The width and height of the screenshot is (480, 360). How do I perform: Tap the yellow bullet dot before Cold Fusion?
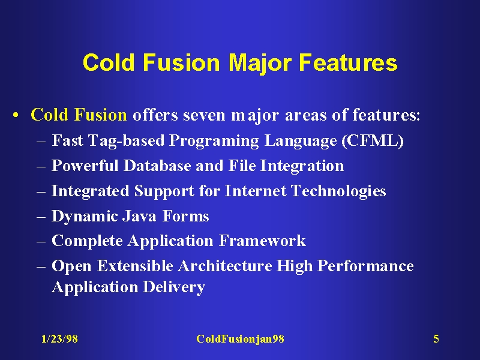16,116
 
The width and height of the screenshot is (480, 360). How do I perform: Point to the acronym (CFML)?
373,140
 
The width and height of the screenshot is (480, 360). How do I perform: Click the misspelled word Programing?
214,141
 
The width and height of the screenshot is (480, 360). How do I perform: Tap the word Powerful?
85,166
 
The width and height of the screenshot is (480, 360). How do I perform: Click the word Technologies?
338,191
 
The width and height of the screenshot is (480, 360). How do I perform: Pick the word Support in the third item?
164,191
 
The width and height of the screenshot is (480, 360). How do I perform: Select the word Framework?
262,241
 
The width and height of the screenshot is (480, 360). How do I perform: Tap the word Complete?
87,241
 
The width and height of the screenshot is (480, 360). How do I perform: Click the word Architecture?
225,266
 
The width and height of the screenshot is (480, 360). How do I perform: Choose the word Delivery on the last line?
174,287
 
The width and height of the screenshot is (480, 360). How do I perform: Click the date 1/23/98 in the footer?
59,339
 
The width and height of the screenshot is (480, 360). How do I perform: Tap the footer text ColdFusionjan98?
241,339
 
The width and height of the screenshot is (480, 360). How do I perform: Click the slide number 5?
436,339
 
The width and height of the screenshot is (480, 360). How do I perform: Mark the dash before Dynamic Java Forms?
41,217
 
